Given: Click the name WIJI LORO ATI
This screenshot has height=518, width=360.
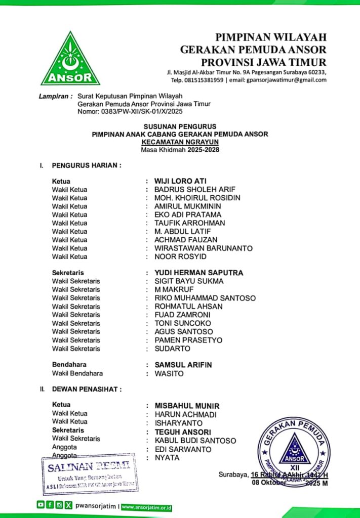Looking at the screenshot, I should (180, 181).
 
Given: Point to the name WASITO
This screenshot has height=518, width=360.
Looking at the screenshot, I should (169, 374).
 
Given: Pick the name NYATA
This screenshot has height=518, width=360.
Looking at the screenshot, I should (167, 458).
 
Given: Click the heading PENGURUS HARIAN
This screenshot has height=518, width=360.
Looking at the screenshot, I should (87, 165).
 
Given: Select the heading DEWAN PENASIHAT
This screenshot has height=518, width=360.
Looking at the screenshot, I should (87, 389).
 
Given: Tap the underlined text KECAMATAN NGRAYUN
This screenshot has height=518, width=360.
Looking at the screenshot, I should (180, 143).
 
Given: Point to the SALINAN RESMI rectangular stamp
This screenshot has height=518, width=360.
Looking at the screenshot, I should (89, 473).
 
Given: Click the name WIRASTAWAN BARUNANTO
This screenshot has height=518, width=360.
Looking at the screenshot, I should (204, 248).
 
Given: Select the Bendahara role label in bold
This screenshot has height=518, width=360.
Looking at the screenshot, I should (69, 365).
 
